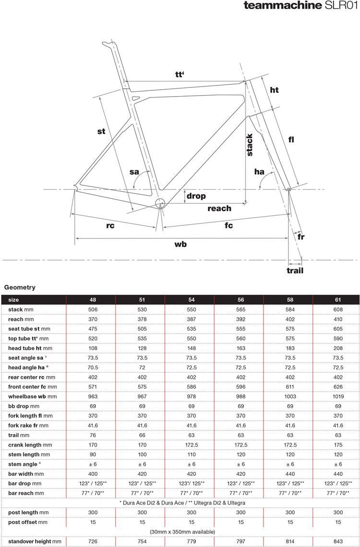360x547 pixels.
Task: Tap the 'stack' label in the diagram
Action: (250, 145)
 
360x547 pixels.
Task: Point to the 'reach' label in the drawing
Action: (219, 208)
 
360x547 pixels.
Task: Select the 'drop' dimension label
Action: (196, 196)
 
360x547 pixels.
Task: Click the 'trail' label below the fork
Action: (295, 270)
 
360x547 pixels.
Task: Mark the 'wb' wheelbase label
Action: (180, 244)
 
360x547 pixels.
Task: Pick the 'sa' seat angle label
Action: (134, 172)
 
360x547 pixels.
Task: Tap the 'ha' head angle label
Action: (260, 171)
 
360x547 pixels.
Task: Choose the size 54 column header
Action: (192, 299)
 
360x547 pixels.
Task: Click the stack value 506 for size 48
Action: (93, 310)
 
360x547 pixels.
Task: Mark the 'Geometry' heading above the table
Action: (20, 287)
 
